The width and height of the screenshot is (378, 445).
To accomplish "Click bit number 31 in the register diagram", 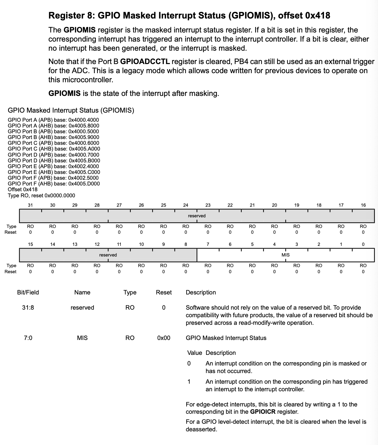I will [30, 205].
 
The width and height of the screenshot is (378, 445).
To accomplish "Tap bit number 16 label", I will [363, 205].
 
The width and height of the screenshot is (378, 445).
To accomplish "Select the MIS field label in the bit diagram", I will [285, 255].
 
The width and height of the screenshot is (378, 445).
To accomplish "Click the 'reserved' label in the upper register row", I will [197, 216].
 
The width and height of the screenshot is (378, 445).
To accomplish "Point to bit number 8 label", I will [186, 244].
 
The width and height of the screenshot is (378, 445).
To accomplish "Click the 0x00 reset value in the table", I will [164, 338].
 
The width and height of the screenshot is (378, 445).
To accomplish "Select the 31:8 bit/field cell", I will [28, 307].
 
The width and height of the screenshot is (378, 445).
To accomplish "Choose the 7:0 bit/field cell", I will [28, 338].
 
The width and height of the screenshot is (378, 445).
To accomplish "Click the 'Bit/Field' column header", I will [28, 292].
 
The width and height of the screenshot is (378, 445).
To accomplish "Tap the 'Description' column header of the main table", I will [201, 292].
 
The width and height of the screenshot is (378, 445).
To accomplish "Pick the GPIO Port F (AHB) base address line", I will [54, 184].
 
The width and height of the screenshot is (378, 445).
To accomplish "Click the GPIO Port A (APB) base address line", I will [53, 120].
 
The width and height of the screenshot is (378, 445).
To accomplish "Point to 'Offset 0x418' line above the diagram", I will [23, 189].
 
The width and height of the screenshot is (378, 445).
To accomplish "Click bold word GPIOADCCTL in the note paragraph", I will [145, 62].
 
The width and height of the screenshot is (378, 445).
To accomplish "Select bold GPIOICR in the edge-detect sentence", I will [263, 412].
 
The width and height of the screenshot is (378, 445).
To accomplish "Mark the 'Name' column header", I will [82, 292].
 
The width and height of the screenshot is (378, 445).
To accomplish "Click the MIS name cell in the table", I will [82, 338].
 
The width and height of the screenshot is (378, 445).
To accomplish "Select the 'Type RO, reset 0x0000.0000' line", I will [42, 195].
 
